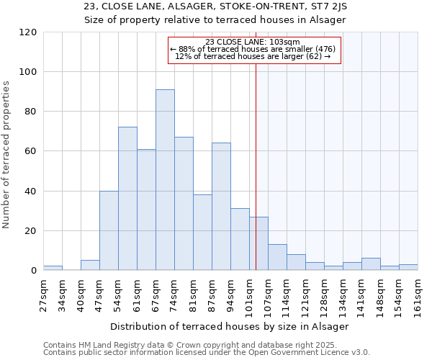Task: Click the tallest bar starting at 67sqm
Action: (x=165, y=180)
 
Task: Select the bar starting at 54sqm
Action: (x=127, y=199)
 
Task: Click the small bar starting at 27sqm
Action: (x=53, y=268)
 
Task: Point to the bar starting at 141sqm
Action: (x=371, y=264)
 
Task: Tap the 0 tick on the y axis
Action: (x=34, y=271)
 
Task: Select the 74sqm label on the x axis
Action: (x=175, y=296)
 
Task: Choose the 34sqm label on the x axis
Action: (x=63, y=296)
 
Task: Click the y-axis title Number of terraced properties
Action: (x=7, y=155)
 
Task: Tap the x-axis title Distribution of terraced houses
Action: (x=230, y=326)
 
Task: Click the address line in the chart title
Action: (x=215, y=6)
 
